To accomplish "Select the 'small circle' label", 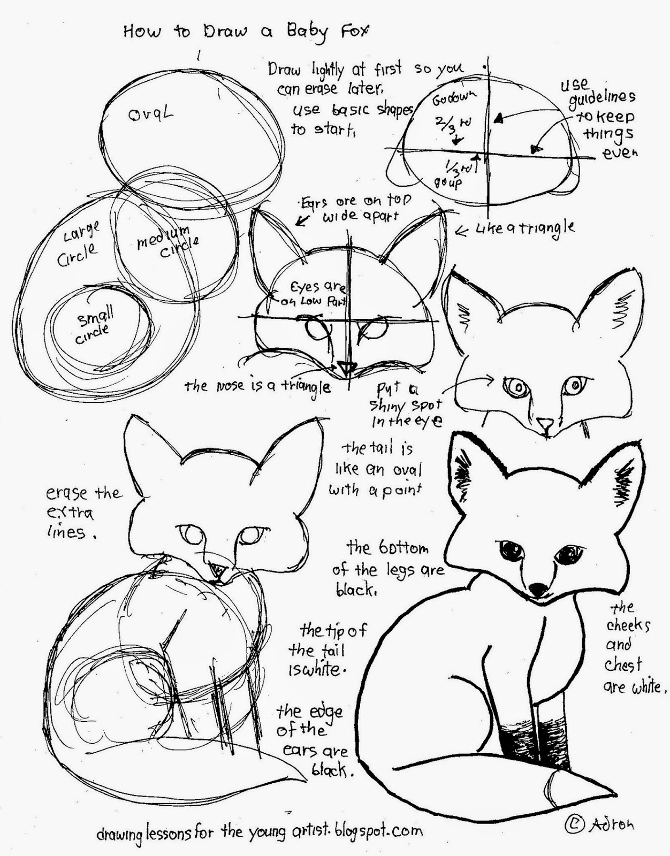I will point(96,327).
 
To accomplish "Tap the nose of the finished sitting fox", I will point(537,588).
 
